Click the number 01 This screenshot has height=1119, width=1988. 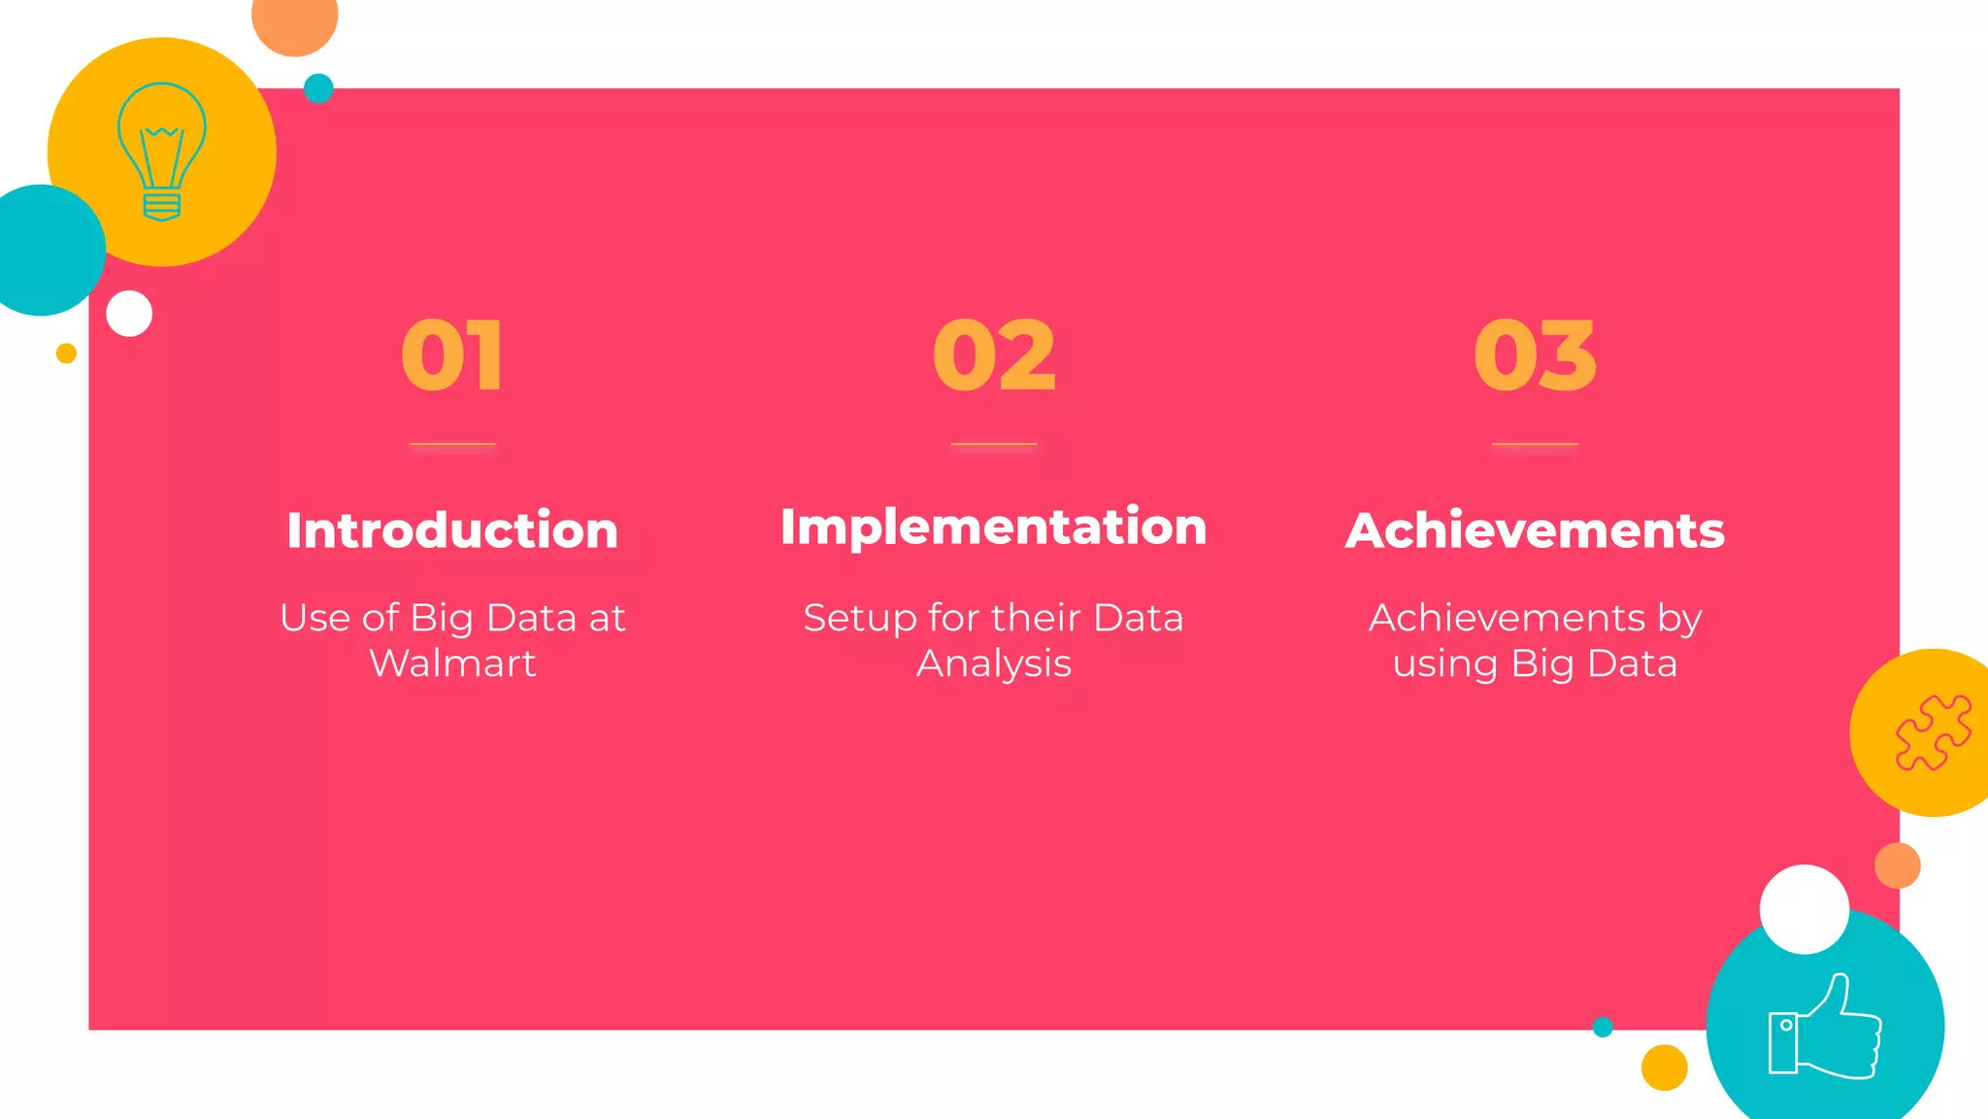coord(452,356)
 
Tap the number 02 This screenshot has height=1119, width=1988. coord(994,356)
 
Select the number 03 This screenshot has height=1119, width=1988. coord(1535,356)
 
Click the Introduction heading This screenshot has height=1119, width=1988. coord(452,530)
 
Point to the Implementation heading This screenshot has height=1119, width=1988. coord(994,526)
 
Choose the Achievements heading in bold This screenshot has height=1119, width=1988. coord(1535,530)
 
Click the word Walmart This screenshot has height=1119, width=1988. coord(452,663)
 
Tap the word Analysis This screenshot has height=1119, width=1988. coord(994,663)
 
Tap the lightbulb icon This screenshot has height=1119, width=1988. coord(162,152)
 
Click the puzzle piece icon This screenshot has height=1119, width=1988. coord(1933,732)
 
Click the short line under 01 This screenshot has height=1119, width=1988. coord(452,444)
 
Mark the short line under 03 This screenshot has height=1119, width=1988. coord(1535,444)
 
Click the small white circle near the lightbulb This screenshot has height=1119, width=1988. coord(129,314)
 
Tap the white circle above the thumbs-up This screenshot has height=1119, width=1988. coord(1804,909)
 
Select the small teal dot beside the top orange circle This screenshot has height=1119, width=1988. coord(318,88)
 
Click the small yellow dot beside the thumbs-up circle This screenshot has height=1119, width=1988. coord(1664,1068)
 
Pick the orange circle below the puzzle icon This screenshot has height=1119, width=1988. coord(1897,865)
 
